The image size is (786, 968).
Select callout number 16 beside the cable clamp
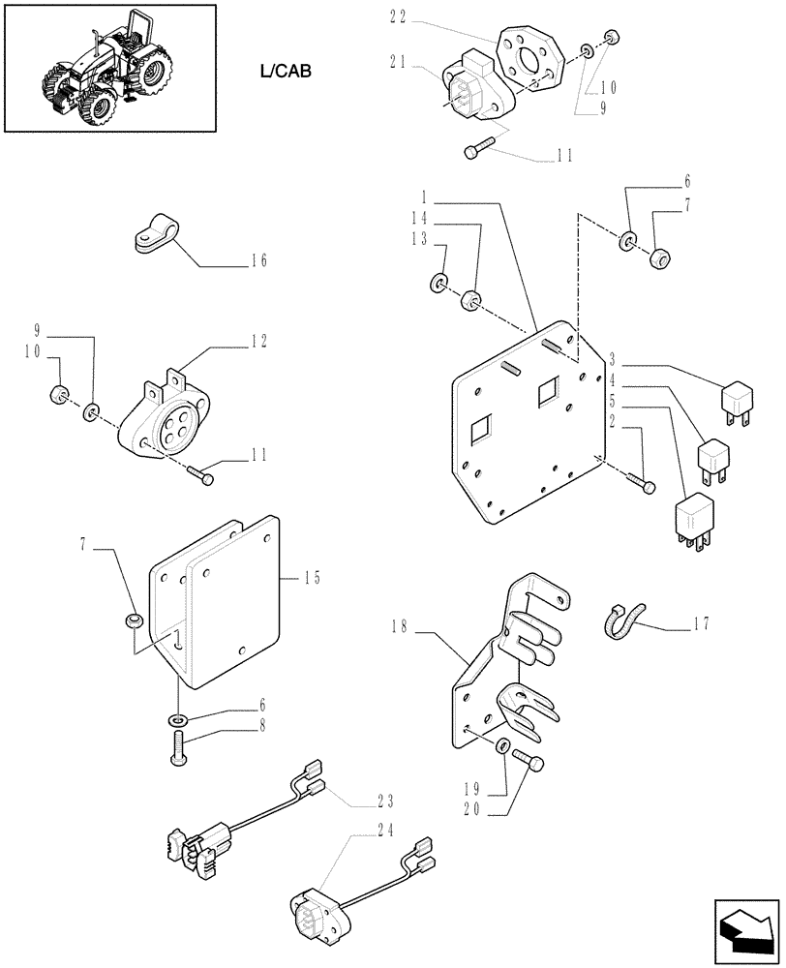pyautogui.click(x=257, y=260)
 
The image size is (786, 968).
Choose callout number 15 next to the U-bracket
pyautogui.click(x=312, y=579)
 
